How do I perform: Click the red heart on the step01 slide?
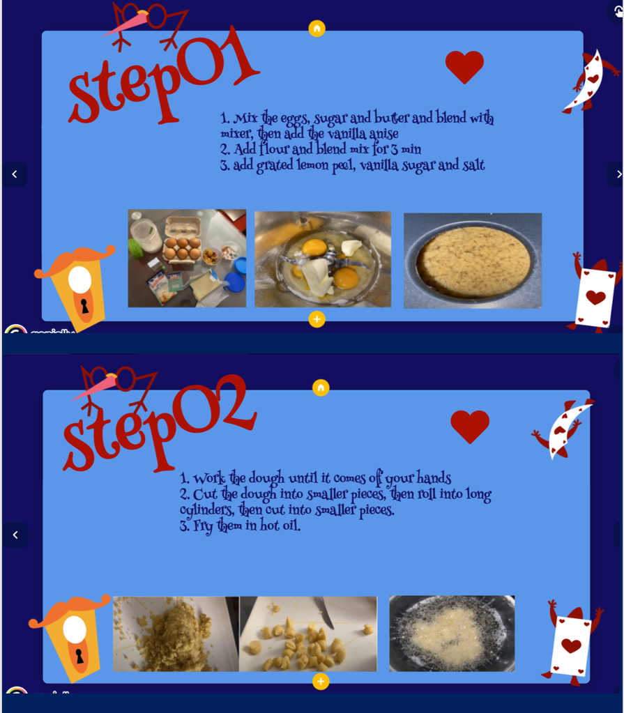464,66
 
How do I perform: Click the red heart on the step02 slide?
470,427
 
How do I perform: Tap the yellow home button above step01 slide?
317,29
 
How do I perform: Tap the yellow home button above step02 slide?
321,388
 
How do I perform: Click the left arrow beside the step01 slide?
15,174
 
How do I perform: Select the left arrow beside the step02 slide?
15,535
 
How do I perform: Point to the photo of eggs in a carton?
187,259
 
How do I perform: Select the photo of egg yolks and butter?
323,259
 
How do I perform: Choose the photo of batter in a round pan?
473,261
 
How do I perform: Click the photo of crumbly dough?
176,634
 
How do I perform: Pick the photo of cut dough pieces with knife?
308,634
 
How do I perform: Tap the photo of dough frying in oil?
452,634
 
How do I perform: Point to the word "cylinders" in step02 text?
207,510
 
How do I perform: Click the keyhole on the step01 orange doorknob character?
84,306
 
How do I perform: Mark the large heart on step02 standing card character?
571,645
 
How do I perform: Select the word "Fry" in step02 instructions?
203,526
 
